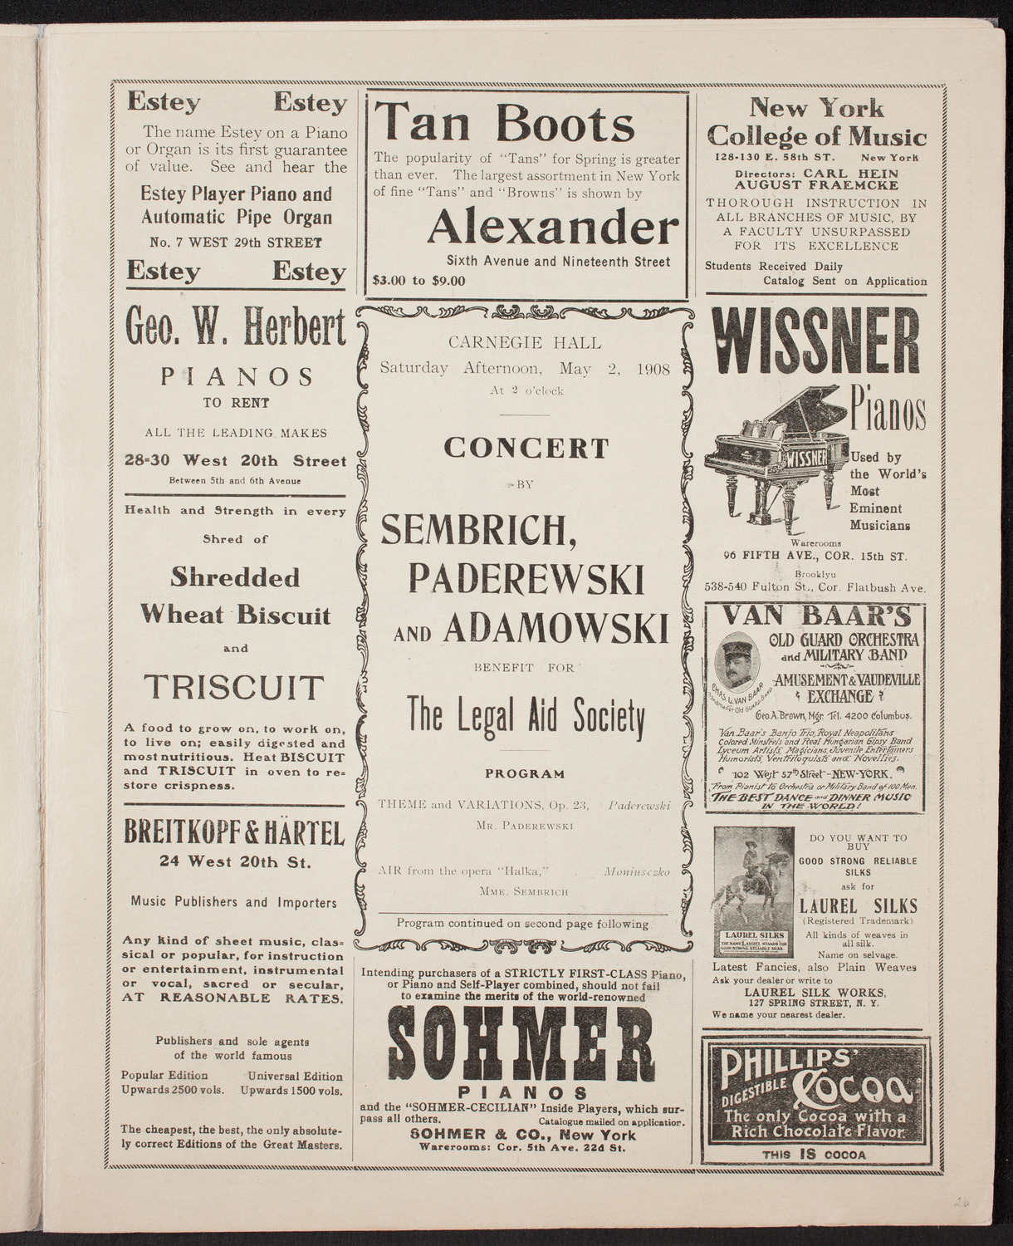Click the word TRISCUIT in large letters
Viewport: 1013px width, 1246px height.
click(x=231, y=688)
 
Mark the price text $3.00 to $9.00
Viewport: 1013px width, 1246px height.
click(x=420, y=281)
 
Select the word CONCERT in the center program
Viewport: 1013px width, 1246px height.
click(x=526, y=448)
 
